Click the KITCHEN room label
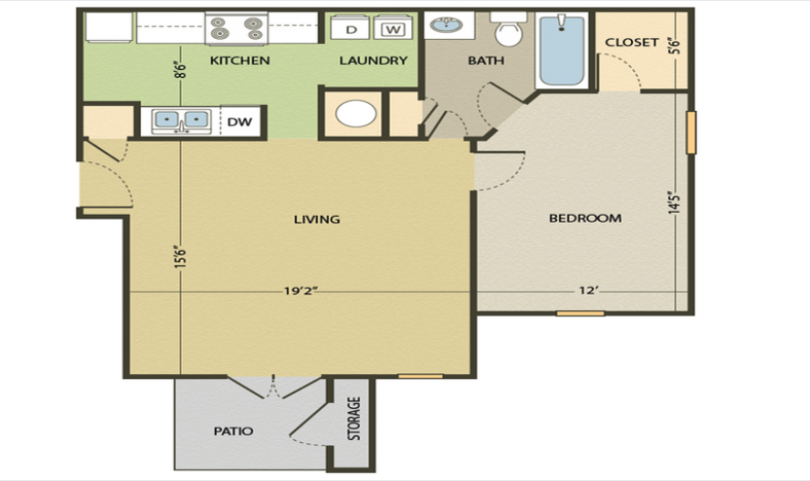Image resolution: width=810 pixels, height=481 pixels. pos(239,60)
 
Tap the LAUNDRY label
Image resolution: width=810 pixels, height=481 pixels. pos(372,60)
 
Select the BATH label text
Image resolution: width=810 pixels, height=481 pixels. pos(485,60)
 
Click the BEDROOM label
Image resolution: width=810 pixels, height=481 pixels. pos(584,218)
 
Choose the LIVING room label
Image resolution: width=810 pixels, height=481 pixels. pos(317,219)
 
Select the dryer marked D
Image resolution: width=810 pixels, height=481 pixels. pos(350,29)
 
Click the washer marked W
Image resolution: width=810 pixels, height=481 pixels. pos(392,29)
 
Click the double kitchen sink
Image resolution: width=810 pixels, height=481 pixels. pos(182,120)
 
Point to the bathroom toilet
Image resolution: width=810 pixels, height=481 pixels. pos(507,32)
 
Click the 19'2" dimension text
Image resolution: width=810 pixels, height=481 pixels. pos(301,290)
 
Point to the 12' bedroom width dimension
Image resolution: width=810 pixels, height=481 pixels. pos(587,290)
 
